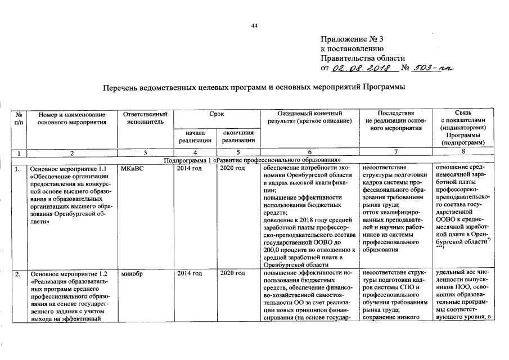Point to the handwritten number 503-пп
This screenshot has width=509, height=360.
click(434, 68)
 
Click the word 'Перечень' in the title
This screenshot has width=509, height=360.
click(121, 88)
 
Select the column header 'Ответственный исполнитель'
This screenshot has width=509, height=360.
click(145, 118)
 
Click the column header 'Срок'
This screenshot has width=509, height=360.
click(217, 114)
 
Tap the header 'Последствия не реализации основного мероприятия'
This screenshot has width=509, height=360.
click(396, 121)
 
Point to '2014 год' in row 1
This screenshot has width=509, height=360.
click(190, 168)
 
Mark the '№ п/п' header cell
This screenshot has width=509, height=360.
click(19, 118)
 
